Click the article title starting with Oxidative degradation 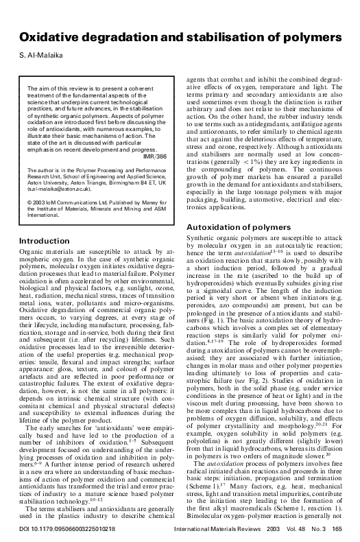click(x=179, y=36)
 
